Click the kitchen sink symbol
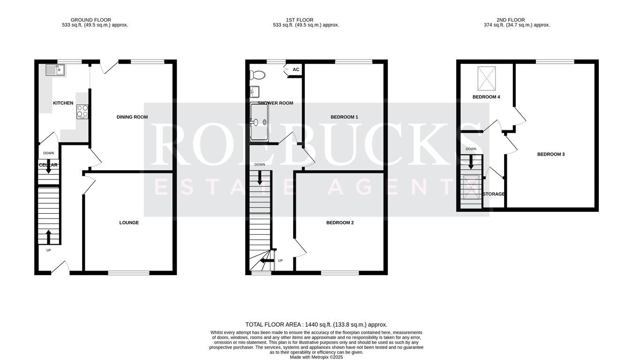click(55, 70)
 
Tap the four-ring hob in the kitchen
click(82, 111)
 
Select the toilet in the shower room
click(257, 75)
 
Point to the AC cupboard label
click(296, 69)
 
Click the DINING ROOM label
click(132, 117)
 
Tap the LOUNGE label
click(129, 223)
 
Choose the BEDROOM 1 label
click(345, 117)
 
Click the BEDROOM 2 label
click(340, 223)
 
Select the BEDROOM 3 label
click(551, 154)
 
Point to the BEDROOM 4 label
click(486, 97)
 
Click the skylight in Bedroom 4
click(487, 78)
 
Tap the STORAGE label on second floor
click(494, 194)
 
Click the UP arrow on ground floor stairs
click(49, 237)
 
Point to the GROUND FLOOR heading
click(90, 20)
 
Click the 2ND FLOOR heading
click(511, 20)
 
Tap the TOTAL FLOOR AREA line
click(316, 325)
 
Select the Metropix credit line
click(316, 357)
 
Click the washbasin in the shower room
click(255, 92)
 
